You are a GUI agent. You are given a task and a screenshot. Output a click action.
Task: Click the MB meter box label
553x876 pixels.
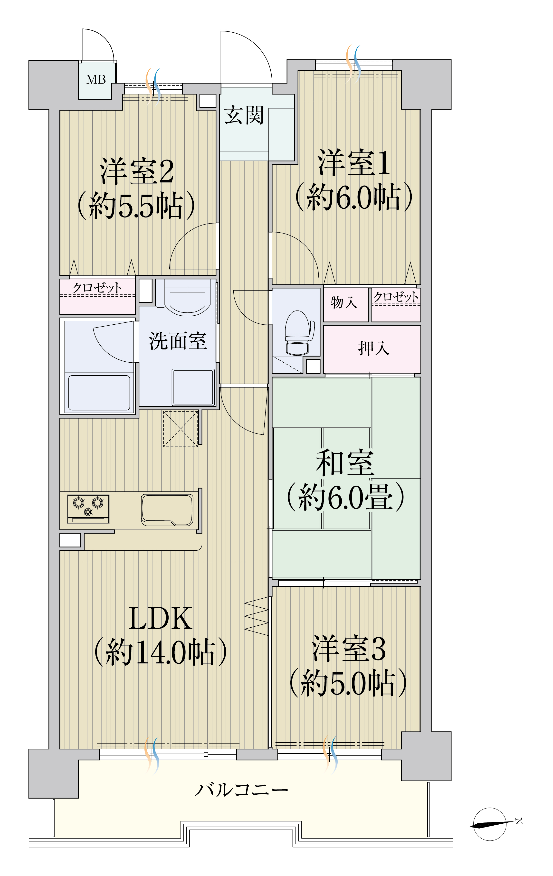click(96, 79)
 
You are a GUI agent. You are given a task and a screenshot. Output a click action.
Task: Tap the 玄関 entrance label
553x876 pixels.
click(244, 115)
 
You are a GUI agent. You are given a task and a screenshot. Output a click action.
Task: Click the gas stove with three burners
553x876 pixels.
click(88, 509)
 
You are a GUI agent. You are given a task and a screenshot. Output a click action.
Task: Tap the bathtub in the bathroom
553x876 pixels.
click(99, 393)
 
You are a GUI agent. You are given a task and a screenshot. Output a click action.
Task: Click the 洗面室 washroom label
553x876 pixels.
click(178, 341)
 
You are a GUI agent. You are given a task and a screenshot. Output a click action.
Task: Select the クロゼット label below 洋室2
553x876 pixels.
click(97, 288)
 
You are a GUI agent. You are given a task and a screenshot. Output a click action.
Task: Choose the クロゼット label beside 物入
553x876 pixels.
click(396, 296)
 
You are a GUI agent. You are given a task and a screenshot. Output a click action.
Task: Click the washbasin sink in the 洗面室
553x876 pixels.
click(187, 298)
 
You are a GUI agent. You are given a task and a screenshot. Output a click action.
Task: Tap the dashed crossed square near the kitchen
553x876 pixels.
click(181, 429)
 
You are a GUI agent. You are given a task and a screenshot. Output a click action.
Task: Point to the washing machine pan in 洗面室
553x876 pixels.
click(193, 387)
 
